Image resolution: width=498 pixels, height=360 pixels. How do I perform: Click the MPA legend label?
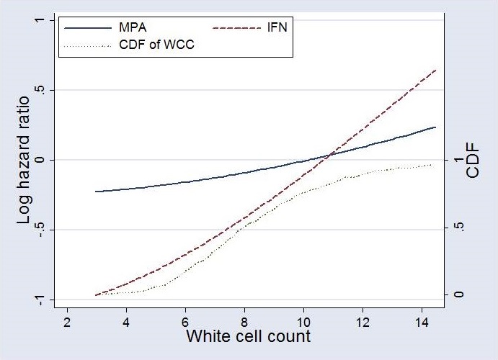click(x=132, y=28)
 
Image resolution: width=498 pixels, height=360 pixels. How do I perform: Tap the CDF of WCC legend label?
click(x=158, y=45)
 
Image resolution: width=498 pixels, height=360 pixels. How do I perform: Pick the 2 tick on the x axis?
click(x=67, y=322)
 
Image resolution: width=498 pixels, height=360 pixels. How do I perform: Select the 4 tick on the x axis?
click(x=126, y=322)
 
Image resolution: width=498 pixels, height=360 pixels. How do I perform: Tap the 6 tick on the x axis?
click(x=185, y=322)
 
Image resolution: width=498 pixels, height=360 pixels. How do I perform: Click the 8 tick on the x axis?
click(x=245, y=322)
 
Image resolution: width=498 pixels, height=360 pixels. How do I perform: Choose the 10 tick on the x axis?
click(x=304, y=322)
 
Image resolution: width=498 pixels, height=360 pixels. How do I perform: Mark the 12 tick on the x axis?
click(x=363, y=322)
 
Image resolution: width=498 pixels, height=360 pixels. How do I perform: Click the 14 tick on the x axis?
click(x=422, y=322)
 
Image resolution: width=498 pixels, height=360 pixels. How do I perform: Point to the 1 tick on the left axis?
click(x=38, y=21)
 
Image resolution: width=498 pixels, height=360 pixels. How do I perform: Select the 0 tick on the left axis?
click(x=38, y=160)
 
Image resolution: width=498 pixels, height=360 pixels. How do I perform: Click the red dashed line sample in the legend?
click(x=239, y=28)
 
